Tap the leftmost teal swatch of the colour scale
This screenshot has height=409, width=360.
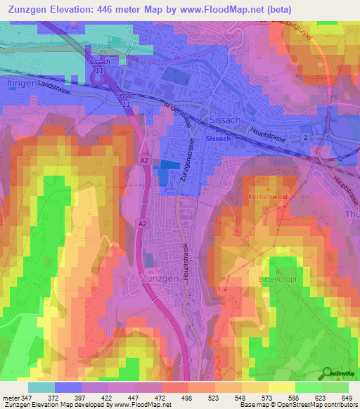click(41, 387)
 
